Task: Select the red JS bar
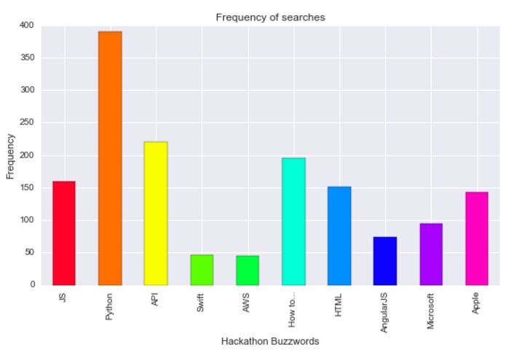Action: coord(64,233)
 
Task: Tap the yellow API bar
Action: coord(156,214)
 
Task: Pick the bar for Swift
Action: coord(202,270)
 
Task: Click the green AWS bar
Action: coord(248,270)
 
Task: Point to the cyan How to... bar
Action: coord(293,222)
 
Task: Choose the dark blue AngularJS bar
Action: coord(385,261)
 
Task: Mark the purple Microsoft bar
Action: coord(430,254)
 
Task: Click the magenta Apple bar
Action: coord(476,238)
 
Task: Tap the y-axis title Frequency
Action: coord(10,155)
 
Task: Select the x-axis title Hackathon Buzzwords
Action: coord(269,341)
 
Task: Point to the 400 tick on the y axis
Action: coord(27,26)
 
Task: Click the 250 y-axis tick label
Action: coord(27,123)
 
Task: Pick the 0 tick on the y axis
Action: coord(33,285)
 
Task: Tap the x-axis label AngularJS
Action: coord(385,312)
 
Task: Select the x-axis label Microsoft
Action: coord(431,311)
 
